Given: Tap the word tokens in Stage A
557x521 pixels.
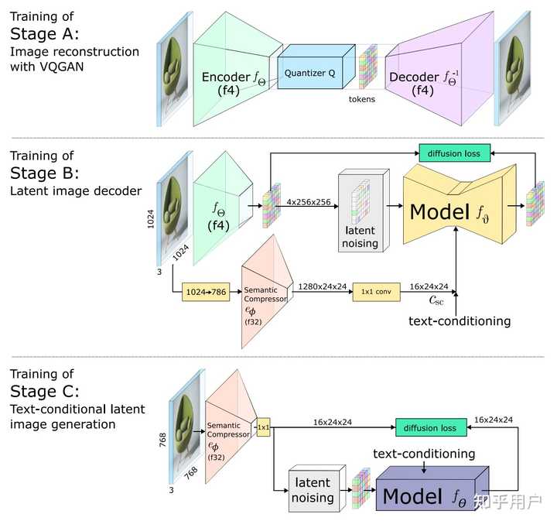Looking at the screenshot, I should pos(362,99).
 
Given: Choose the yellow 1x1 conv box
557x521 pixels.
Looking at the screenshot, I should pos(374,293).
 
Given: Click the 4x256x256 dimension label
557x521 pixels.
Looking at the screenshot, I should pos(309,202).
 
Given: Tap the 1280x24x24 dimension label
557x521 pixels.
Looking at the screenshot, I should pos(321,286).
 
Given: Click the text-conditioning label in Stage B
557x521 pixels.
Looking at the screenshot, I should pos(459,320).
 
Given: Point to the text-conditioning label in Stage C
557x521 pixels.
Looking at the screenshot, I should pos(424,453).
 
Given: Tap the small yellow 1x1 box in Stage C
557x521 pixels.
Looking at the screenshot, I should pos(263,427).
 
